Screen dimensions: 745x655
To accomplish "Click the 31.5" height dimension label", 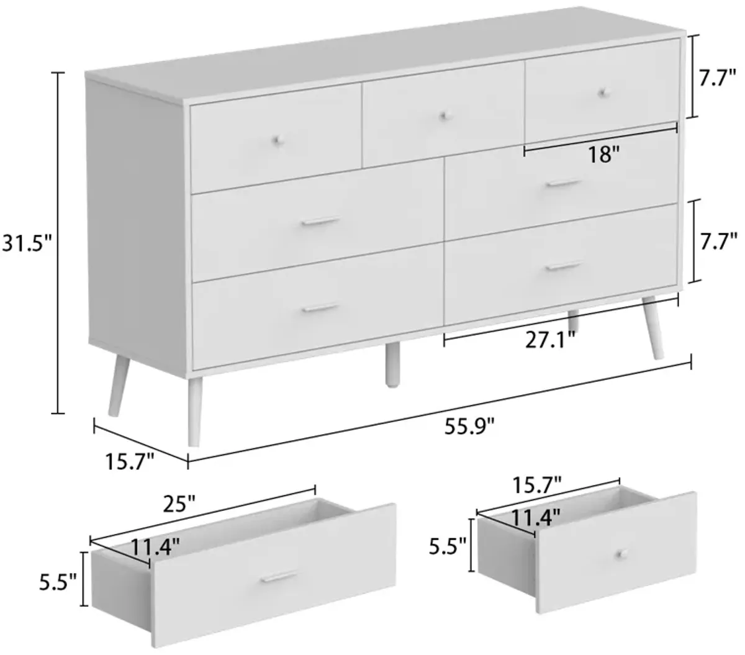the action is [27, 243].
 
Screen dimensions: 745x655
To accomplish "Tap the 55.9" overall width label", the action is [469, 427].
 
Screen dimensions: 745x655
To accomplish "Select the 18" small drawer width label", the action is [604, 155].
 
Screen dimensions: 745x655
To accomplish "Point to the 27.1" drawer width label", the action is [549, 340].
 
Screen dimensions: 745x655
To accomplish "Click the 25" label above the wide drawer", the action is [180, 504].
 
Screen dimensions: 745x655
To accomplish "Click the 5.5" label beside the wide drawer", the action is [58, 583].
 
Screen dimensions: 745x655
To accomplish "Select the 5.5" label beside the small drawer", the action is [448, 547].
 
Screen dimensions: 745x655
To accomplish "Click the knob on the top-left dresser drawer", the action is [277, 140].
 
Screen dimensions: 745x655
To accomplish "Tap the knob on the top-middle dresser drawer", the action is [445, 116].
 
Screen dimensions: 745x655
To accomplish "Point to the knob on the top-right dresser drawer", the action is [602, 93].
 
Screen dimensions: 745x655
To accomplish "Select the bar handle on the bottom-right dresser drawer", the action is [564, 266].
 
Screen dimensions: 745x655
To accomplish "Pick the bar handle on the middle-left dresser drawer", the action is [320, 222].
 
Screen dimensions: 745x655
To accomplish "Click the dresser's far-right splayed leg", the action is [653, 327].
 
